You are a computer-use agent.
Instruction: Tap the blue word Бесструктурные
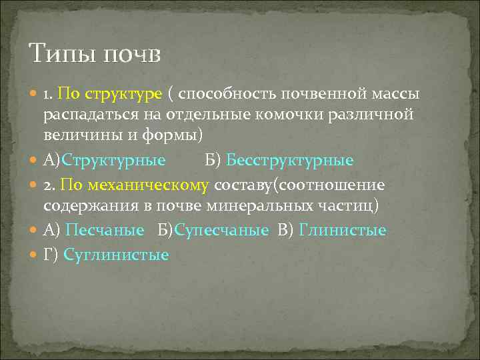pyautogui.click(x=290, y=161)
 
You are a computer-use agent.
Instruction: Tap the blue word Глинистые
pyautogui.click(x=343, y=231)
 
